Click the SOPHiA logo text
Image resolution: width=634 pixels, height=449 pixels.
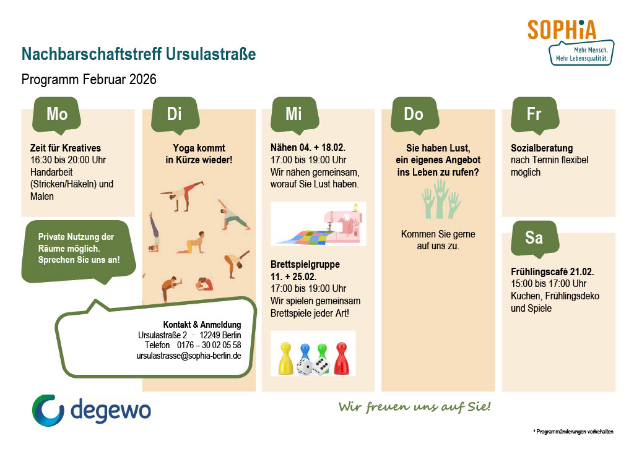[562, 30]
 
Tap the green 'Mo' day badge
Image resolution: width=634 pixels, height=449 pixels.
[56, 115]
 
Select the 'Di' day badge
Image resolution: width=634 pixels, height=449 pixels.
[175, 115]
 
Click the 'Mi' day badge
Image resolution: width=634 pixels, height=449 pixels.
[294, 115]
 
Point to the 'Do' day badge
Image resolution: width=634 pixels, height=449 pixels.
[415, 115]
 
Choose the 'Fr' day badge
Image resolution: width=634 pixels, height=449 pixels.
[535, 115]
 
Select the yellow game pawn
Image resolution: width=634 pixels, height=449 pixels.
[285, 358]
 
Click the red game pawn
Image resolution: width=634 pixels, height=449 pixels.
[341, 358]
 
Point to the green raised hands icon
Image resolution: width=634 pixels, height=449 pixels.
[441, 199]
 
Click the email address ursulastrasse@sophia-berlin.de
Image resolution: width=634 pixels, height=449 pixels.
[189, 356]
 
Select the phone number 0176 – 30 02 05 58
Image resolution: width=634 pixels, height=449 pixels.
[209, 345]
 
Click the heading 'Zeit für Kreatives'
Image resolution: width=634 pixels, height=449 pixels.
[66, 148]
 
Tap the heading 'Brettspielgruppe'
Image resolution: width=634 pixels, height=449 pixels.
[305, 265]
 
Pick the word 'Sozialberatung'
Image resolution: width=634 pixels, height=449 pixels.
[542, 148]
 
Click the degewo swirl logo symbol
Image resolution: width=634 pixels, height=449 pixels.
[48, 410]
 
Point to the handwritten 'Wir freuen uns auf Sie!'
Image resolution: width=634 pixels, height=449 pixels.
[415, 406]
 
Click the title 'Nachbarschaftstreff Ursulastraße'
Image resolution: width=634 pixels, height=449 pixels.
[139, 54]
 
